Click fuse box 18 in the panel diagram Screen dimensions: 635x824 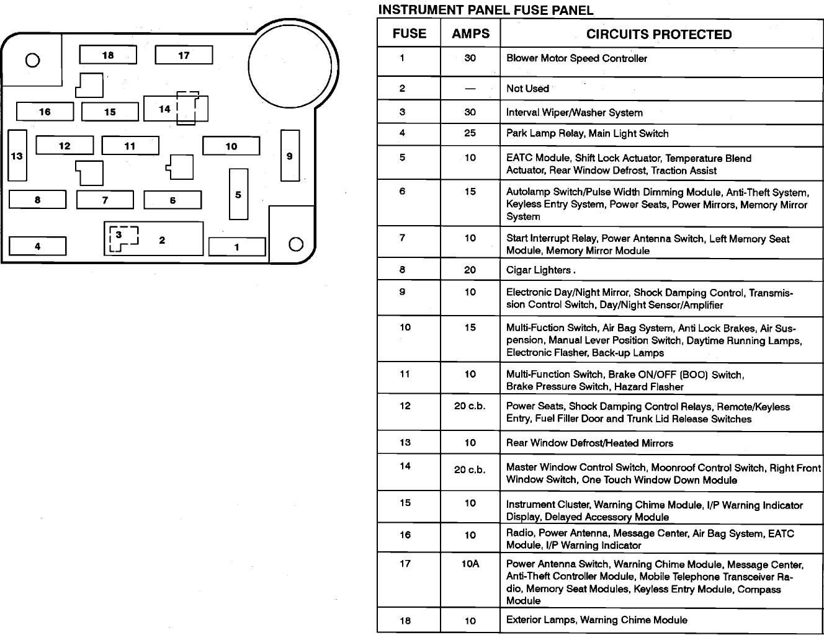(108, 55)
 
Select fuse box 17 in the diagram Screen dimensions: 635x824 (184, 55)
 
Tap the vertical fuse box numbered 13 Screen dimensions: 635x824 (17, 156)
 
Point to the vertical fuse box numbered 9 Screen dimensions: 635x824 (290, 156)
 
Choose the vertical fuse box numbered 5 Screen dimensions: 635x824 (238, 195)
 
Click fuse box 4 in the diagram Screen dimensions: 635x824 (37, 246)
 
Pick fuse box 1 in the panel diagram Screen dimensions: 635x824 (236, 247)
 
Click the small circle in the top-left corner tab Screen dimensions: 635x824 (32, 60)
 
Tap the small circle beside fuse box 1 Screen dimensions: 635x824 (296, 244)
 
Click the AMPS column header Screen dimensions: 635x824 (470, 34)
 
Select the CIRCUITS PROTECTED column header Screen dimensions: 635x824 (659, 35)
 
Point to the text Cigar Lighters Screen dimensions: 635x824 (539, 270)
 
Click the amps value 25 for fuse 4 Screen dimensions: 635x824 (470, 133)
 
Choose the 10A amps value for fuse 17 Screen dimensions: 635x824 (470, 564)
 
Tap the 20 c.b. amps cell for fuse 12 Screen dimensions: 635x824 (470, 406)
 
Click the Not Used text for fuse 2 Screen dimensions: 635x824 (527, 89)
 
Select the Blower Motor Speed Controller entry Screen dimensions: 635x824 (576, 58)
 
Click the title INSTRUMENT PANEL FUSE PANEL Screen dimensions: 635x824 (485, 10)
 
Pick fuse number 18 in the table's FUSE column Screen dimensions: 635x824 (405, 620)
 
